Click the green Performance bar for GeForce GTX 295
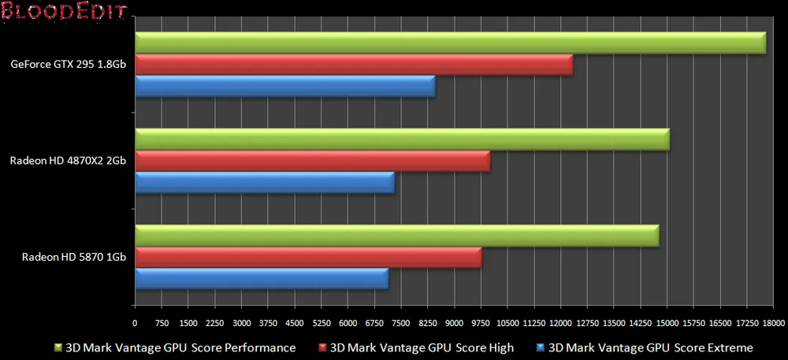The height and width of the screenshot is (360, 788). (x=450, y=43)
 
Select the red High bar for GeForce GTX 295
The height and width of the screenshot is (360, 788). (x=354, y=65)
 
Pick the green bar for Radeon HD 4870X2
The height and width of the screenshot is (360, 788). (x=402, y=139)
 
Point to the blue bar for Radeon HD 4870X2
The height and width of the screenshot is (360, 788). (x=265, y=183)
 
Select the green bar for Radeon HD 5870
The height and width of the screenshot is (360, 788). (x=397, y=236)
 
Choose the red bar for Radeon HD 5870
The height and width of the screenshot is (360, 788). (x=308, y=258)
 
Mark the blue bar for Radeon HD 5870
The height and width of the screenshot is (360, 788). (x=262, y=279)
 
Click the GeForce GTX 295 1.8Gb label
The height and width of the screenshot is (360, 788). (x=69, y=65)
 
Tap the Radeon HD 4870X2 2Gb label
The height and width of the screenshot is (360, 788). (x=69, y=161)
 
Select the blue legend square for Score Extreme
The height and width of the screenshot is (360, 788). (x=540, y=347)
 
